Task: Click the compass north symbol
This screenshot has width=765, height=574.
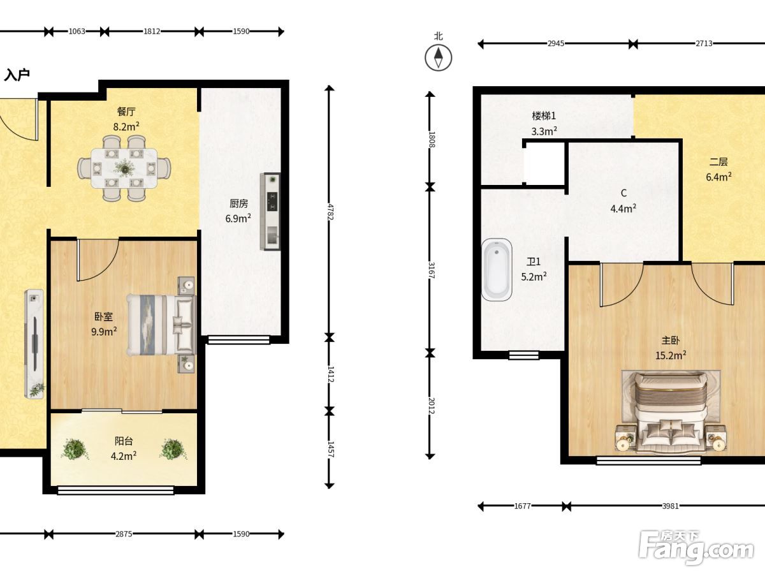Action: [x=438, y=57]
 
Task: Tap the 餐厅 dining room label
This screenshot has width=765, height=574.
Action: [x=126, y=112]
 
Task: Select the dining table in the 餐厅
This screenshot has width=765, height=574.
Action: [x=124, y=168]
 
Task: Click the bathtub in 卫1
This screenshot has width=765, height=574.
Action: [x=497, y=269]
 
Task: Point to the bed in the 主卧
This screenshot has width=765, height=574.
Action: [x=671, y=413]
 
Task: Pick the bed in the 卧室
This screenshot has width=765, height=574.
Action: [x=161, y=325]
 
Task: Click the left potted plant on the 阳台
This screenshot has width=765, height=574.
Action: [x=74, y=449]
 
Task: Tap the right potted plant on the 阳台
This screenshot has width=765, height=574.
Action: [x=173, y=449]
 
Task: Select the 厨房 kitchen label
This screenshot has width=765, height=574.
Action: [x=238, y=203]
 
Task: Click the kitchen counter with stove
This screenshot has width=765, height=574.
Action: [x=270, y=212]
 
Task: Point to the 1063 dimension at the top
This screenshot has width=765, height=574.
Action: [x=76, y=31]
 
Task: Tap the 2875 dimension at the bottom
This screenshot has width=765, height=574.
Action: [x=124, y=534]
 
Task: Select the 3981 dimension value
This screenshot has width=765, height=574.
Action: [x=671, y=506]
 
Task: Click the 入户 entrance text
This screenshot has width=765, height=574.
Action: [x=17, y=75]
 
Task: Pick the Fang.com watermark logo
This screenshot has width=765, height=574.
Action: [x=696, y=547]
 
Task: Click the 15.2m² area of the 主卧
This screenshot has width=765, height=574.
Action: [x=671, y=355]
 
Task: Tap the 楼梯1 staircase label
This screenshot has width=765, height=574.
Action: [x=544, y=115]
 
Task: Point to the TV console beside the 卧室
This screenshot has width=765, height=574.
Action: [x=34, y=344]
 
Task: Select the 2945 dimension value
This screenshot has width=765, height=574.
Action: [x=556, y=43]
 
